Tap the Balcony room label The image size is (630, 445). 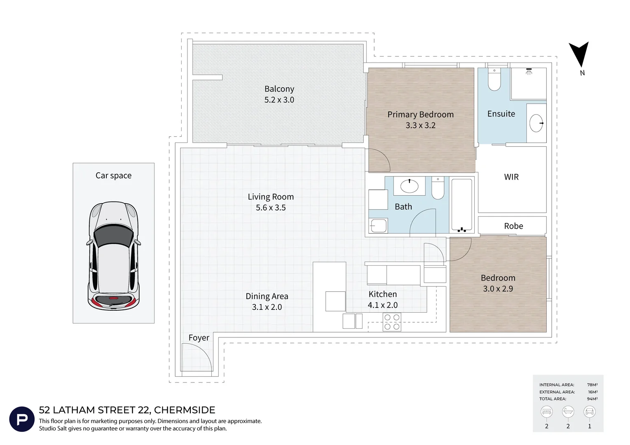(279, 89)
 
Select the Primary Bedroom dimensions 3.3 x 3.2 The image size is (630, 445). (420, 125)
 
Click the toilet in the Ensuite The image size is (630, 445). (494, 79)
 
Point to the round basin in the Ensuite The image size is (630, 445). (536, 123)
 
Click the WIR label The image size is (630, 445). (511, 177)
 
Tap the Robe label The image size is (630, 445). (513, 226)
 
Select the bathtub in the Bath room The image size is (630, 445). (461, 205)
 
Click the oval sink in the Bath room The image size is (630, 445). (409, 186)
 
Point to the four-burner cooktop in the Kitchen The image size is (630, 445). (392, 322)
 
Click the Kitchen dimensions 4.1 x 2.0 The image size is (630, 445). (382, 305)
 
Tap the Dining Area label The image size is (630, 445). (267, 296)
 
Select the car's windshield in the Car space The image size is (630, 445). (113, 236)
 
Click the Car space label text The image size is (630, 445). (113, 176)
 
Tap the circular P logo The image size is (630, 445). (22, 419)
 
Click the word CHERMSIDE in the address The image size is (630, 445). (185, 410)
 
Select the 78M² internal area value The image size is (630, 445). (593, 384)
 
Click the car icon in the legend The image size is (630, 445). (590, 412)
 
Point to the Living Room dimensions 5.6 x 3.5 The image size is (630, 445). (271, 208)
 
